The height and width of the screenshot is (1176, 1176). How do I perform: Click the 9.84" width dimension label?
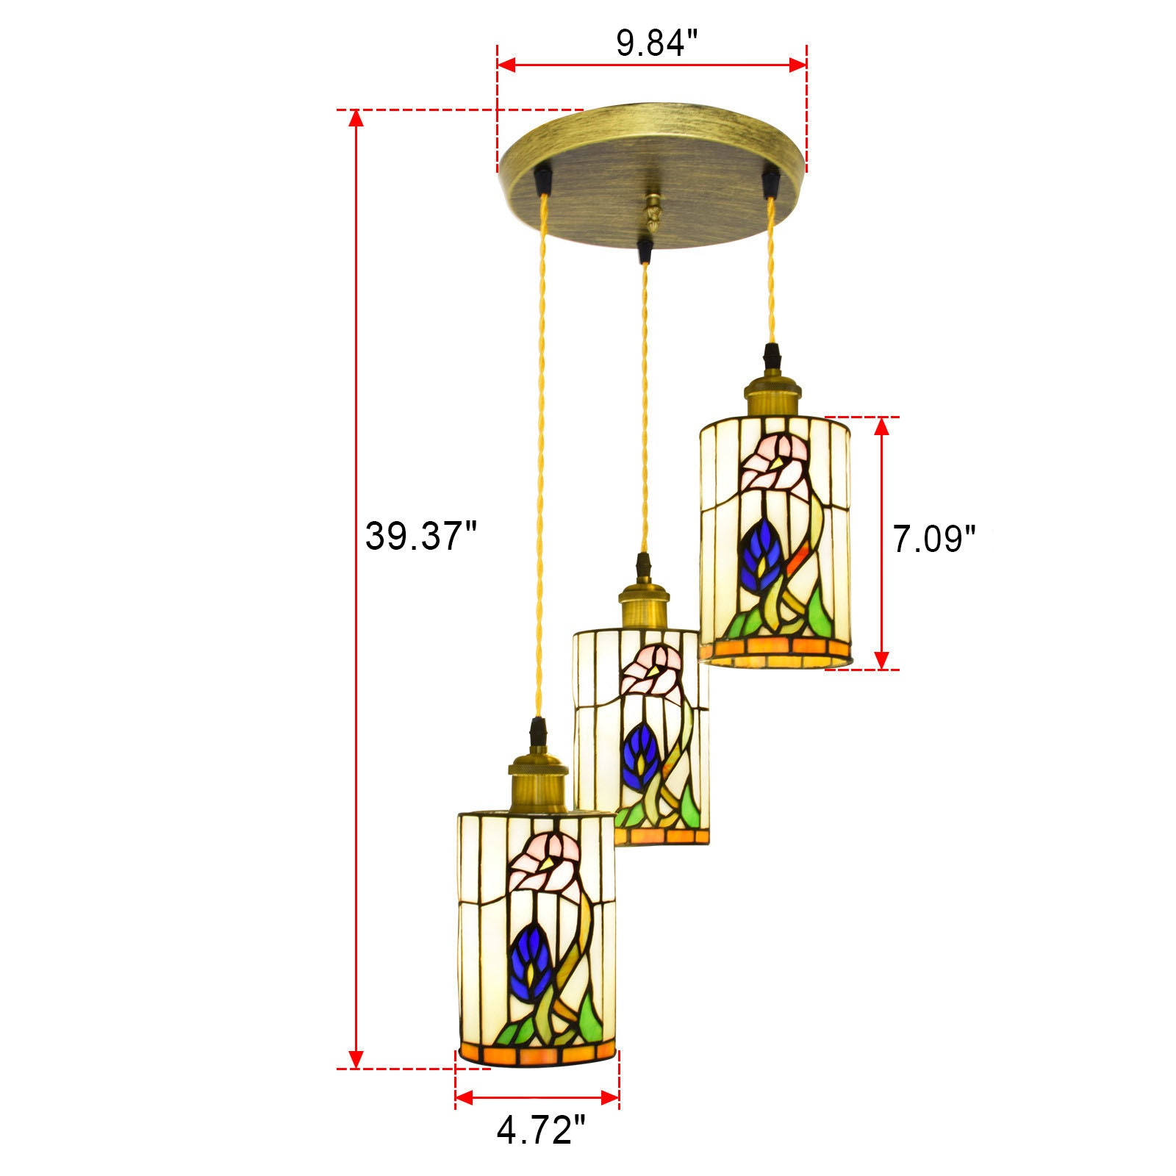pyautogui.click(x=656, y=44)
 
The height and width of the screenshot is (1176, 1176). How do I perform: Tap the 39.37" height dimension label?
pyautogui.click(x=421, y=536)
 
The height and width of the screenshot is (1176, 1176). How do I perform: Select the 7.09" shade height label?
pyautogui.click(x=933, y=539)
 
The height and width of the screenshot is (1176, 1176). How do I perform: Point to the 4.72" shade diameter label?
pyautogui.click(x=541, y=1130)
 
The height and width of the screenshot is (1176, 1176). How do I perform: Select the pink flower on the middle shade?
pyautogui.click(x=653, y=670)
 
